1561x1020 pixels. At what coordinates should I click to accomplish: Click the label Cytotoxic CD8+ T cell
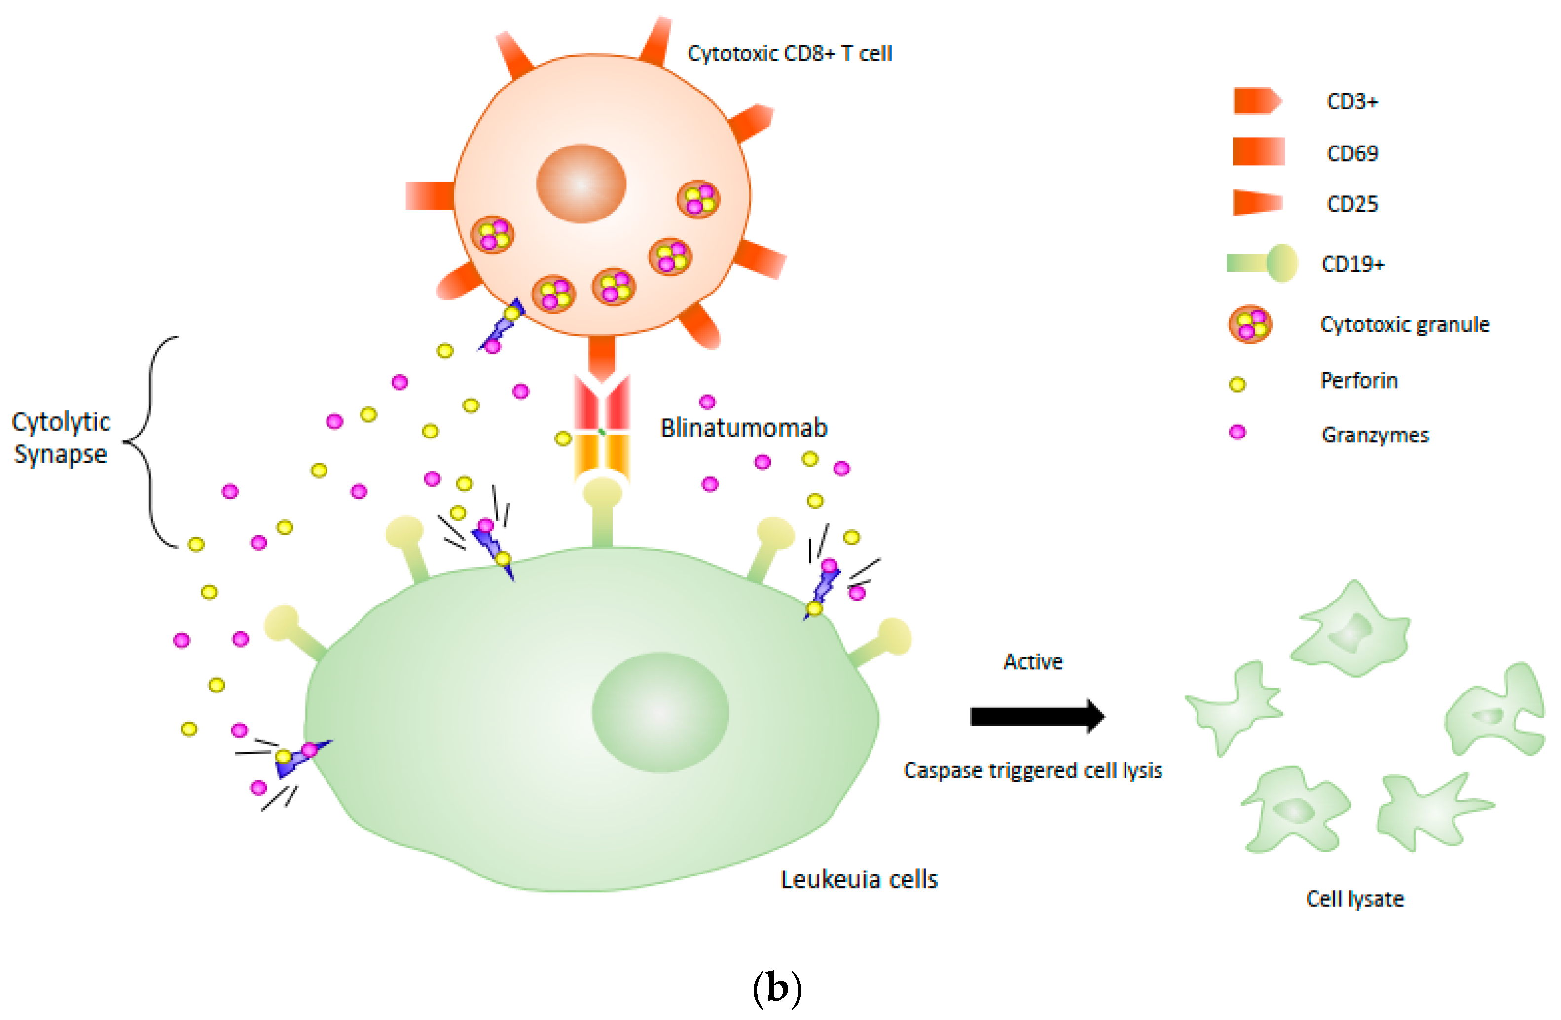tap(789, 53)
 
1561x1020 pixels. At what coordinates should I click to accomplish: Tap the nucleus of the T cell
tap(581, 183)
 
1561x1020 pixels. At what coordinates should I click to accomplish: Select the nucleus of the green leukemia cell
tap(660, 712)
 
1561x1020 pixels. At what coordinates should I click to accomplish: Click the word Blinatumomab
tap(744, 428)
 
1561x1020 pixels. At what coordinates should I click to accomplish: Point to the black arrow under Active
tap(1036, 716)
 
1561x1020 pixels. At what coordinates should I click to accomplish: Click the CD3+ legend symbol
tap(1257, 101)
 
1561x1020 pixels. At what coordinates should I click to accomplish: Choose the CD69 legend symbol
tap(1258, 151)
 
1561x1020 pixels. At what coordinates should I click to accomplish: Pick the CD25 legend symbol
tap(1257, 203)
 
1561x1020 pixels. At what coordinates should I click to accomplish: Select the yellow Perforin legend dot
tap(1237, 384)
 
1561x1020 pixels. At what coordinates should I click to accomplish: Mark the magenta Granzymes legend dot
tap(1237, 432)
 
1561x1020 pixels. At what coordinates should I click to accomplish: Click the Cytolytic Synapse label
tap(61, 437)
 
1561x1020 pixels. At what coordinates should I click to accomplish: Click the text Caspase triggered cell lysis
tap(1032, 770)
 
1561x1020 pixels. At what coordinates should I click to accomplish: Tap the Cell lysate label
tap(1355, 899)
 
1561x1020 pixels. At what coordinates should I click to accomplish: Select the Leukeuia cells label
tap(859, 879)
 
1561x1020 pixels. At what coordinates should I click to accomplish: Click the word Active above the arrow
tap(1033, 662)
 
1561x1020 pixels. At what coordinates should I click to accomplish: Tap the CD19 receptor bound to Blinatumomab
tap(602, 511)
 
